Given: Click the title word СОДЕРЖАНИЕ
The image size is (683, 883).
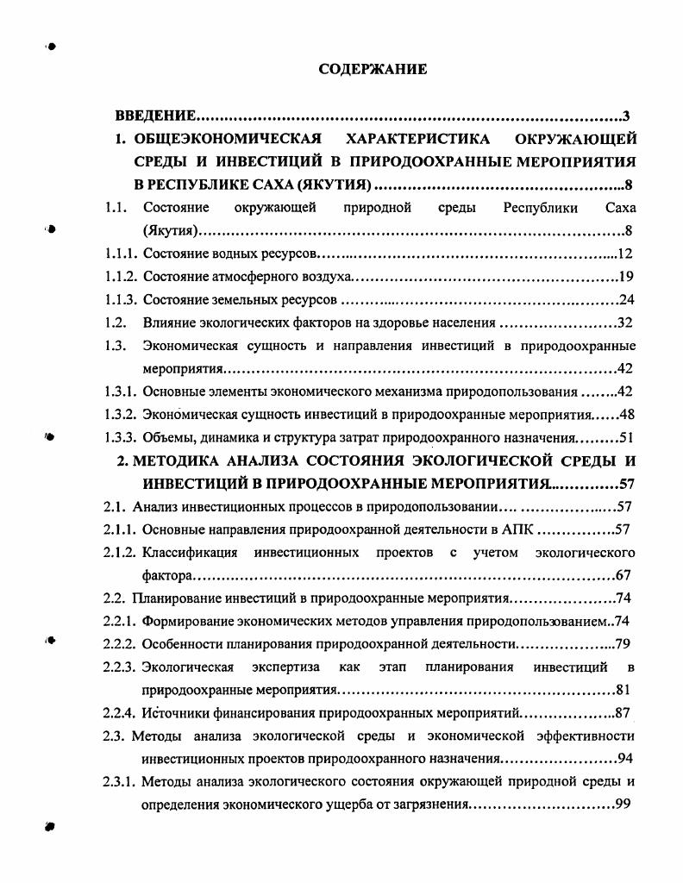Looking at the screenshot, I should [373, 70].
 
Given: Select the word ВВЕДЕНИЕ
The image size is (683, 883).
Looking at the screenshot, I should [156, 116].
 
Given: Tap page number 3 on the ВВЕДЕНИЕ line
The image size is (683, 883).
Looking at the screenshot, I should [631, 116].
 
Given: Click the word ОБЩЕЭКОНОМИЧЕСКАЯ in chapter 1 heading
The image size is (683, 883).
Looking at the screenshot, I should [228, 139].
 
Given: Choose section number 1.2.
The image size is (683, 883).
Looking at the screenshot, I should [116, 323].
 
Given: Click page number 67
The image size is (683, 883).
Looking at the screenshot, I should [627, 575].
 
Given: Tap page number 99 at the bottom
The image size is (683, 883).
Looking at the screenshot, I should [627, 805].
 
